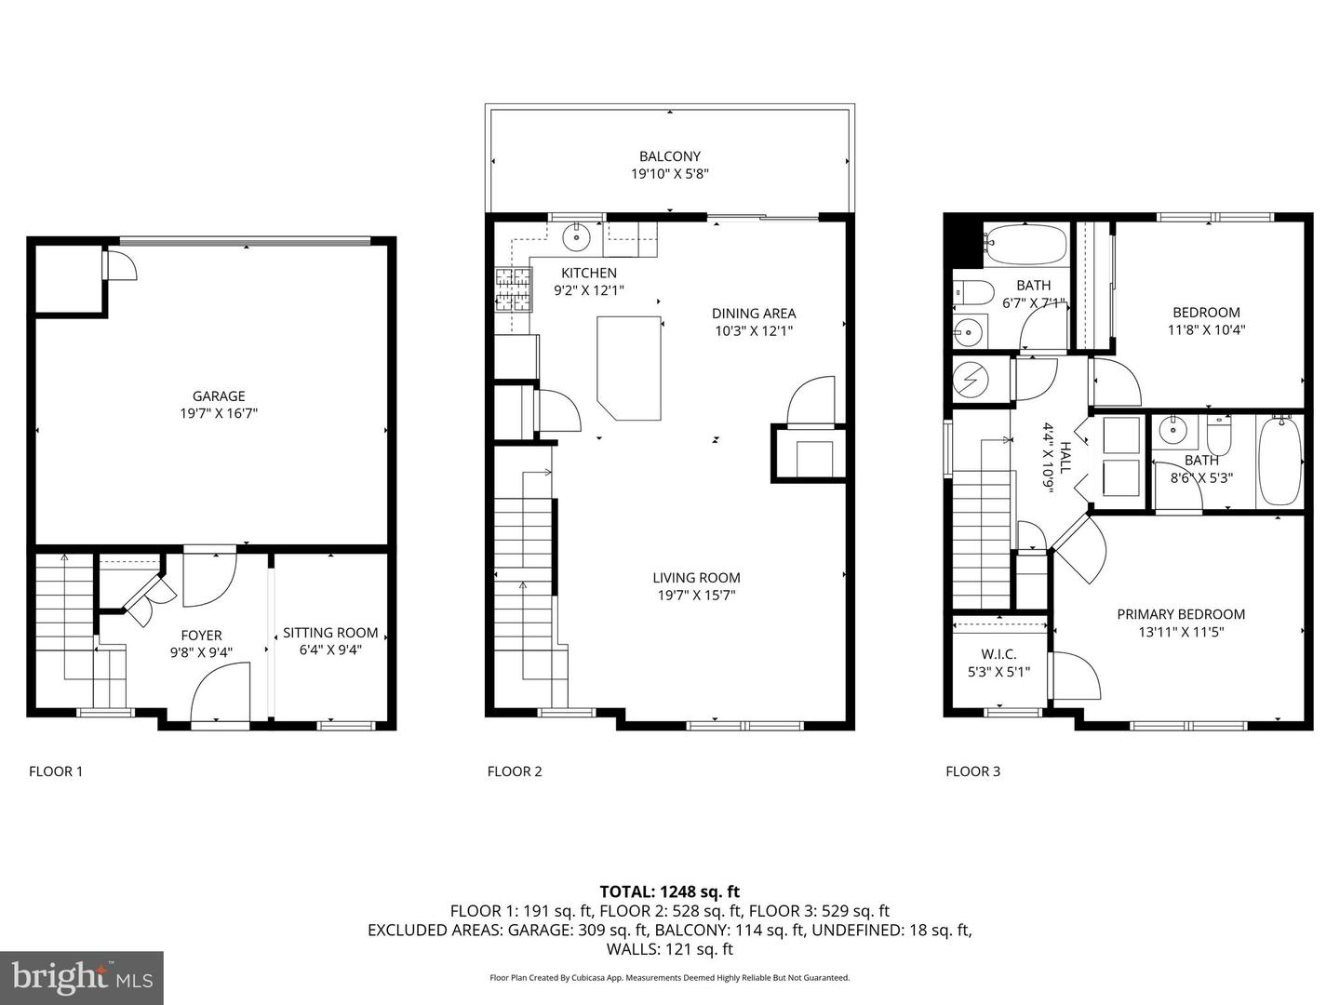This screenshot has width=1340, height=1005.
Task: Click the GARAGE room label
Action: click(219, 396)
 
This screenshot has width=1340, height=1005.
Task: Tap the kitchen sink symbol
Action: click(575, 236)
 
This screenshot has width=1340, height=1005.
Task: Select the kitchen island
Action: click(629, 368)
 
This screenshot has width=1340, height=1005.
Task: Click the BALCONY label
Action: click(670, 156)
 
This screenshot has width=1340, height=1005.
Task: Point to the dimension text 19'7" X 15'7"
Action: click(696, 595)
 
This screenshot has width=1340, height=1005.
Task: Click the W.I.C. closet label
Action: click(998, 655)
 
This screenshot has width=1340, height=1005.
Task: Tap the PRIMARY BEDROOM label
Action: click(1181, 614)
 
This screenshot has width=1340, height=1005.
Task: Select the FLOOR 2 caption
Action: click(515, 771)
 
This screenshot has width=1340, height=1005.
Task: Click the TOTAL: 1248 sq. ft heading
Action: click(670, 891)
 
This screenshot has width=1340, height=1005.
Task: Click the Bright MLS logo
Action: click(82, 977)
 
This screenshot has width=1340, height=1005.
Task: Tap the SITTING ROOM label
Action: click(330, 633)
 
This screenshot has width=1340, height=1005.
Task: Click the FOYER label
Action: click(201, 636)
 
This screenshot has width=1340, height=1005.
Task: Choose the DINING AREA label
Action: click(754, 314)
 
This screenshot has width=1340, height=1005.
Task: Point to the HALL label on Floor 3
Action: click(1065, 458)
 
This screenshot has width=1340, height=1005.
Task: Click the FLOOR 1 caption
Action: click(56, 771)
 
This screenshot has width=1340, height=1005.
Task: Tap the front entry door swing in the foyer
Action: click(221, 692)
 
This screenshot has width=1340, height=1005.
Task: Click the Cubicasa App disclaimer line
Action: click(670, 978)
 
